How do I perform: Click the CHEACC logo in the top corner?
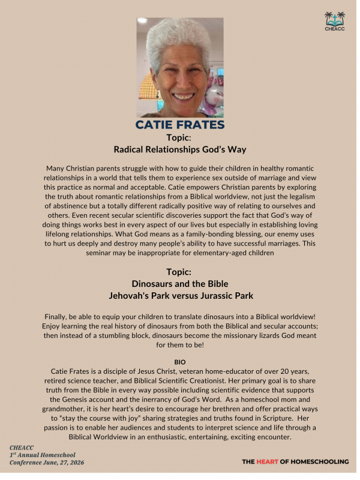point(334,20)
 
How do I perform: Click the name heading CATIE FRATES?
point(180,125)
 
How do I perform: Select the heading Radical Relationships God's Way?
point(180,149)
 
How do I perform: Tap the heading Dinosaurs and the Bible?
point(180,283)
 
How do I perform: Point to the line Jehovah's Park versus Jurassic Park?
point(180,295)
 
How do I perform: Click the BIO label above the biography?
point(180,362)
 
